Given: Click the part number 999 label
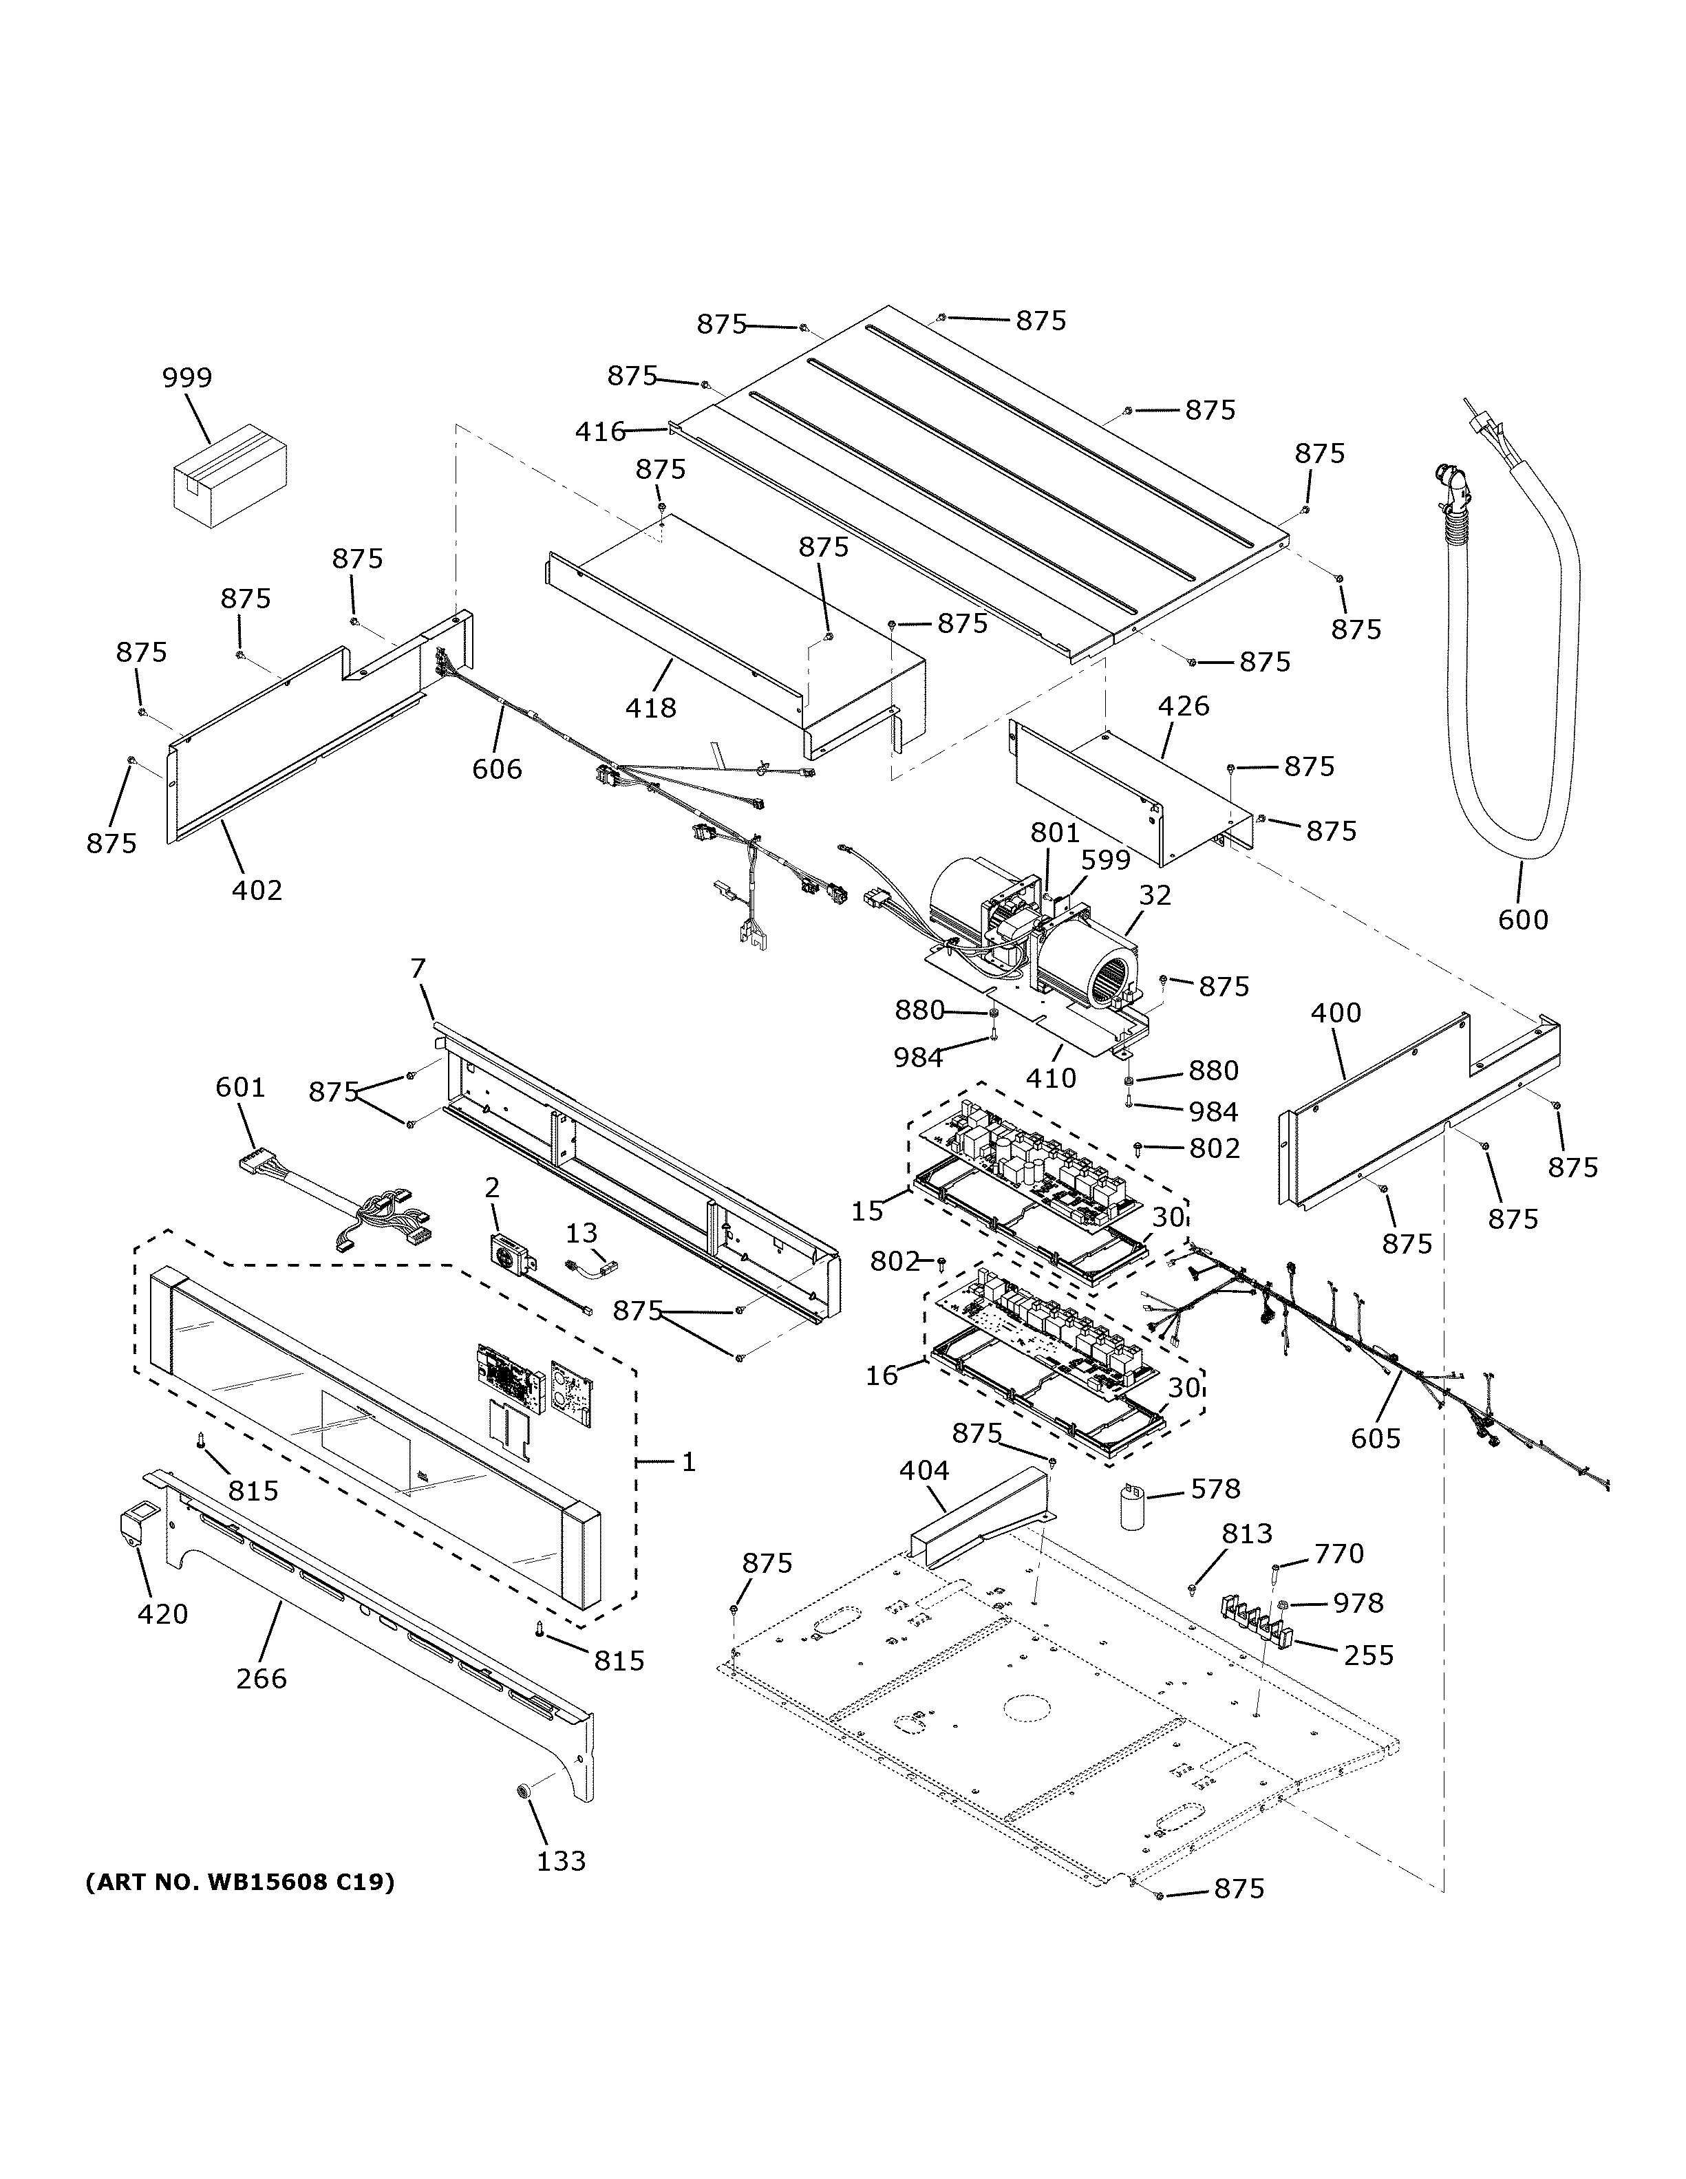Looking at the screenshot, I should (x=188, y=378).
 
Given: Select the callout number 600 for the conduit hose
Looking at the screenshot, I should (x=1522, y=919).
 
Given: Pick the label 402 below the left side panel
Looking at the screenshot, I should (x=257, y=889).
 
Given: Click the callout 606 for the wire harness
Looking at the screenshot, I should (x=497, y=769).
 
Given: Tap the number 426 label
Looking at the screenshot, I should (x=1183, y=707).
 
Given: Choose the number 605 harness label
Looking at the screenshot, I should (x=1376, y=1438).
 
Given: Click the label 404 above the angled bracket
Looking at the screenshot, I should (x=924, y=1470).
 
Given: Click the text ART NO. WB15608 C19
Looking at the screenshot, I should (x=239, y=1882).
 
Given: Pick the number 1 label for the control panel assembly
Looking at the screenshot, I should (x=688, y=1461).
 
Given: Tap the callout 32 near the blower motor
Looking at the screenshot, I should (x=1154, y=895).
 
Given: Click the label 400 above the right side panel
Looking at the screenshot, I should (x=1335, y=1013).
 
